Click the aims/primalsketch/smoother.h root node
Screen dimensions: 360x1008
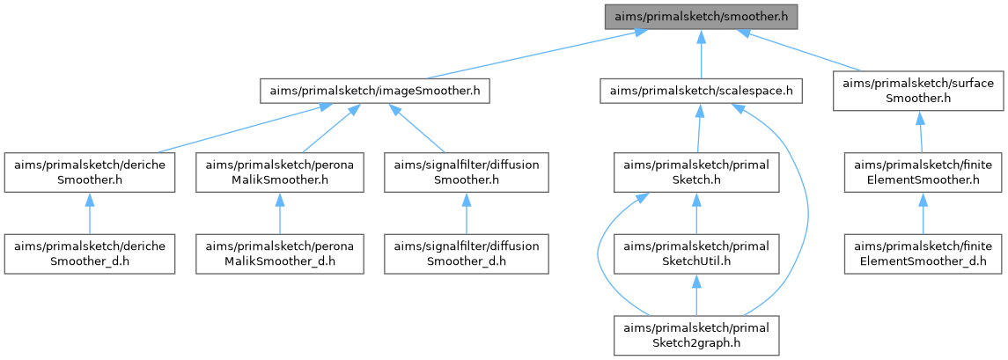pyautogui.click(x=700, y=15)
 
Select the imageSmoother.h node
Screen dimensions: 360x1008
pyautogui.click(x=375, y=90)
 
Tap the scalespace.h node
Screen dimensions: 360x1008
pyautogui.click(x=701, y=90)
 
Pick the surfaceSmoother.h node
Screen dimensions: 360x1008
pyautogui.click(x=917, y=91)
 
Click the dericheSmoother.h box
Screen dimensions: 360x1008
pyautogui.click(x=90, y=173)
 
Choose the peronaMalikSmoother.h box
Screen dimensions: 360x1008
pyautogui.click(x=279, y=173)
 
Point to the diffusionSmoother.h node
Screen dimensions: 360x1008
pyautogui.click(x=466, y=173)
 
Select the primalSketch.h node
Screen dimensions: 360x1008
pyautogui.click(x=696, y=173)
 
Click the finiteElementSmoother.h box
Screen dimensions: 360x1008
pyautogui.click(x=923, y=173)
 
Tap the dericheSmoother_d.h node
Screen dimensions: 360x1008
pyautogui.click(x=90, y=253)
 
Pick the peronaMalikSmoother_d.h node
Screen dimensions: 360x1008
pyautogui.click(x=279, y=253)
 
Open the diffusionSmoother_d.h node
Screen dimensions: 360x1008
pyautogui.click(x=466, y=253)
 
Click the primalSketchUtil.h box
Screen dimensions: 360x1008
pyautogui.click(x=696, y=253)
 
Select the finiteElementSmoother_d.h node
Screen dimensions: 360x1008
pyautogui.click(x=923, y=253)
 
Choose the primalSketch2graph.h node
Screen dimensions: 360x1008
pyautogui.click(x=696, y=335)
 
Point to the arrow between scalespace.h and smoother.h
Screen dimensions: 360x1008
pyautogui.click(x=701, y=53)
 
